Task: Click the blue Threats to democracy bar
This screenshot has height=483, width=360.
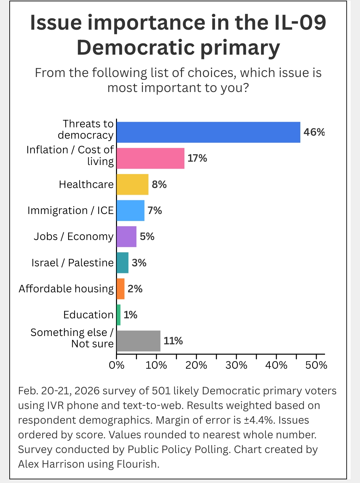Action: click(x=208, y=132)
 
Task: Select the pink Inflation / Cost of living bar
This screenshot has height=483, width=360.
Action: click(x=150, y=158)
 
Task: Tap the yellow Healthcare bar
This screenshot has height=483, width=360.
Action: click(x=132, y=184)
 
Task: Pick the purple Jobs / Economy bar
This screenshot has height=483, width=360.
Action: click(x=126, y=237)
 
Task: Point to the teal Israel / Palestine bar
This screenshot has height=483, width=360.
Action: click(x=122, y=263)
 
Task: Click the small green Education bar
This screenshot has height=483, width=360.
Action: click(x=119, y=315)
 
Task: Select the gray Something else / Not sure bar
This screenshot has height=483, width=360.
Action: click(x=138, y=341)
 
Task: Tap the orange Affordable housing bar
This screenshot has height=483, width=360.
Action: click(x=120, y=289)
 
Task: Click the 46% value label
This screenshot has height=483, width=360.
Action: click(x=314, y=132)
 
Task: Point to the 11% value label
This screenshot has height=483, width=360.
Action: click(x=173, y=341)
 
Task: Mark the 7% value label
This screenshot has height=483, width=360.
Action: click(x=155, y=211)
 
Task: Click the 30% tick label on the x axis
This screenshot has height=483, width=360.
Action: click(x=236, y=365)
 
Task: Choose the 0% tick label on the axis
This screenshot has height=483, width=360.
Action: click(x=117, y=365)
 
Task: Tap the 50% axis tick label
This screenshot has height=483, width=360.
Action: click(x=316, y=365)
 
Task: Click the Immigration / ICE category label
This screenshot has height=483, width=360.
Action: click(x=71, y=211)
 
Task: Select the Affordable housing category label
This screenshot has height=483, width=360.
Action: click(x=66, y=289)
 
